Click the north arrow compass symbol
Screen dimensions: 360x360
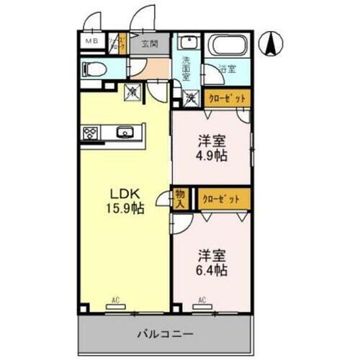271,45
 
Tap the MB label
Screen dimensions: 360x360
93,42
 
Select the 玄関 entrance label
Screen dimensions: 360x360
150,44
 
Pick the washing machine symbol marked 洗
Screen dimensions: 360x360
191,95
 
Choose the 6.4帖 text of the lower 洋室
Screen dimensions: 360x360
213,271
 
